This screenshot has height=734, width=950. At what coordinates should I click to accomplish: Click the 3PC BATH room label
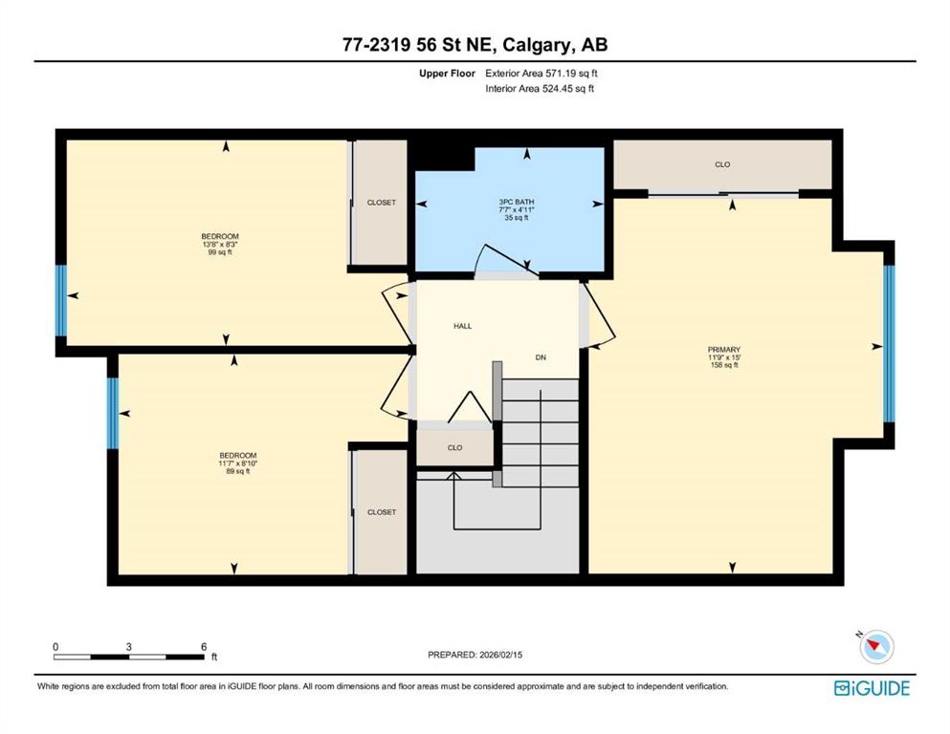517,202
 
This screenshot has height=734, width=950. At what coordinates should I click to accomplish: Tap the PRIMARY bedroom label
724,350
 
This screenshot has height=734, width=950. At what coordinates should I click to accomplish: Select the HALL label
463,326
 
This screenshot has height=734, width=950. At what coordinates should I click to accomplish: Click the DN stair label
541,357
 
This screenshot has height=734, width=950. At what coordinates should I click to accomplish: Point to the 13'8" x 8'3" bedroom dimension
220,245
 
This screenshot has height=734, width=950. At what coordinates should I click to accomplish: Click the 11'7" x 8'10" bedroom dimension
238,464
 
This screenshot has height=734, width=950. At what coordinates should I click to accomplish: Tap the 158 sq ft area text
724,365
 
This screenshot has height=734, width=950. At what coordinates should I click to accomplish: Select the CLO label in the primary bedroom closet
722,164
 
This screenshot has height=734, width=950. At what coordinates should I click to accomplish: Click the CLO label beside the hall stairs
455,448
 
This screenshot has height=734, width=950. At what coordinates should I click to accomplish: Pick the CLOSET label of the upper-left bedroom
382,203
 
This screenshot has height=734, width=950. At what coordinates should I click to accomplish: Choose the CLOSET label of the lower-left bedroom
382,512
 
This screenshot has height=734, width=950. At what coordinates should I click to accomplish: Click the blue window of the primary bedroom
889,344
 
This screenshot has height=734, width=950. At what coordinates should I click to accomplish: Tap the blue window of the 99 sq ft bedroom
60,301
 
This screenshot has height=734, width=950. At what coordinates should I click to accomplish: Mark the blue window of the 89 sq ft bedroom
113,413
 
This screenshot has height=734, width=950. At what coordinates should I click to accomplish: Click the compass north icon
876,646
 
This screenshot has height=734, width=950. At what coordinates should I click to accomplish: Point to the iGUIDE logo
872,689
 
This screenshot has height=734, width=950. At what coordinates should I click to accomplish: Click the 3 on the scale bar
129,647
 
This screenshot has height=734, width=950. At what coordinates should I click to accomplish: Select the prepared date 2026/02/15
501,655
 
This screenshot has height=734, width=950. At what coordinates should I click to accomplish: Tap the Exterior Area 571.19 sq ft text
541,74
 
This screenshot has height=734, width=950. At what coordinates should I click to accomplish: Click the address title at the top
475,45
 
